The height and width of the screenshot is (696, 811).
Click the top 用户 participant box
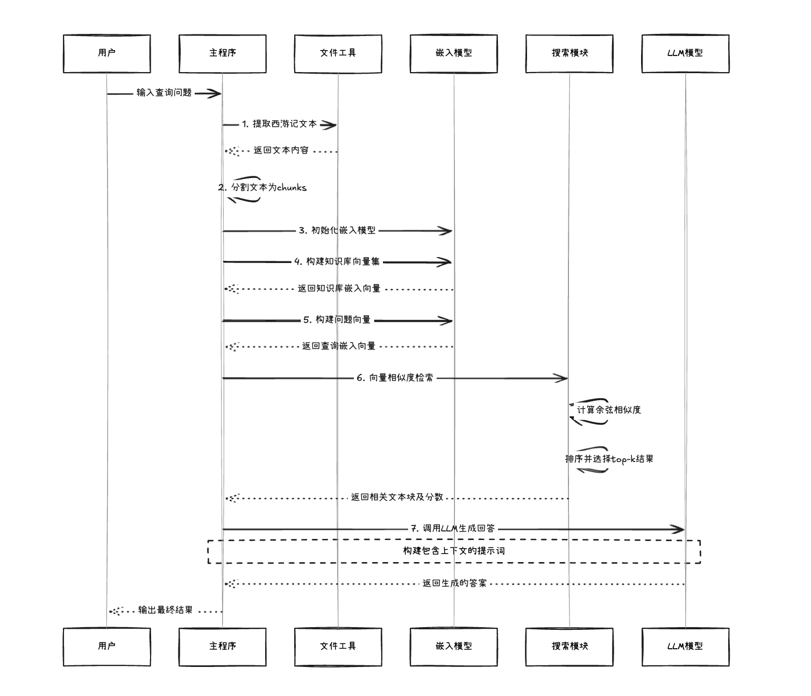[x=106, y=53]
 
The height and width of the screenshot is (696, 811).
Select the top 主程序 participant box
[x=222, y=53]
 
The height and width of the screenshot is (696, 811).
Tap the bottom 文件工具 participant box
[x=338, y=647]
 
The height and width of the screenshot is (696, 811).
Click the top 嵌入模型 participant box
[x=453, y=53]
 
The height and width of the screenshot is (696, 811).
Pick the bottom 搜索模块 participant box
[x=570, y=647]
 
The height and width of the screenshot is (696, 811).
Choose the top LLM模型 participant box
[x=685, y=53]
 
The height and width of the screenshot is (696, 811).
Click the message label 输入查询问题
[x=164, y=93]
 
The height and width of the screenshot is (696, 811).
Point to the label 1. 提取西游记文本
[x=279, y=124]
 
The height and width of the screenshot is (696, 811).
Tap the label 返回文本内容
[x=281, y=151]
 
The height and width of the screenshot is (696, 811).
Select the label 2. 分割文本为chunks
[x=262, y=188]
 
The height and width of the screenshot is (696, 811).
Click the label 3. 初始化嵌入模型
[x=337, y=231]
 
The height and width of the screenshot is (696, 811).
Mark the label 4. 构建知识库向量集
[x=337, y=262]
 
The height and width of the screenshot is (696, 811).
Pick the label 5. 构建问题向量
[x=337, y=320]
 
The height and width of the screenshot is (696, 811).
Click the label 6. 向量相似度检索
[x=395, y=378]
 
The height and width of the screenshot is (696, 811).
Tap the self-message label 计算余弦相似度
[x=609, y=410]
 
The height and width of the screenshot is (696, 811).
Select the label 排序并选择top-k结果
[x=609, y=459]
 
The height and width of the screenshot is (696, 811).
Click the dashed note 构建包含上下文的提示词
[x=454, y=551]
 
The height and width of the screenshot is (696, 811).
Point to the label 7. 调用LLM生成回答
[x=453, y=529]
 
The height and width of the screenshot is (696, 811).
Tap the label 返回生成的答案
[x=454, y=584]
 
